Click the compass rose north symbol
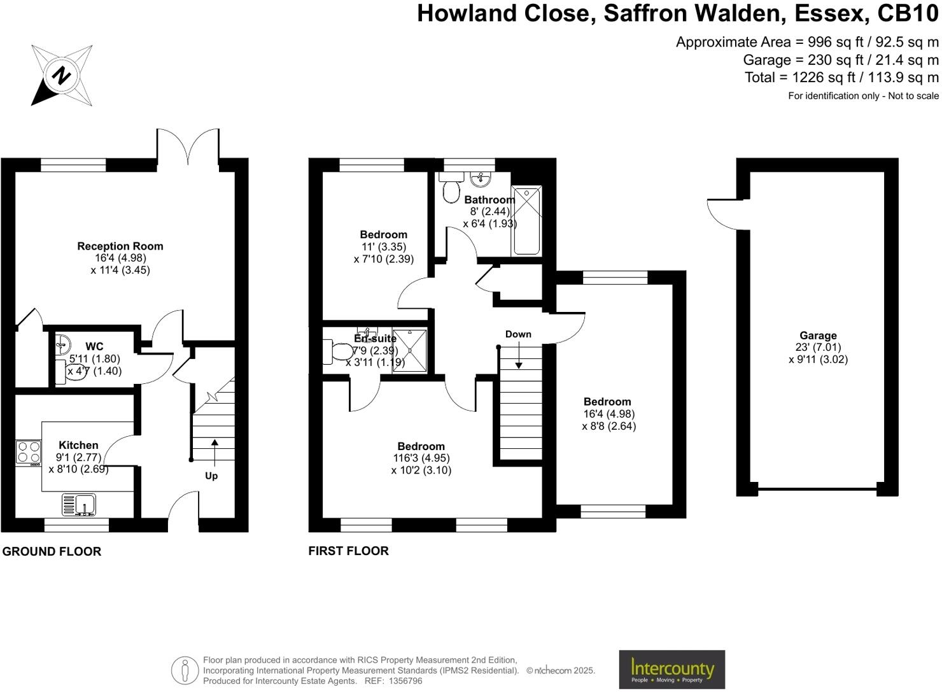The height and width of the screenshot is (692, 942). pos(62,75)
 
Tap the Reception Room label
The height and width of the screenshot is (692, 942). pos(120,246)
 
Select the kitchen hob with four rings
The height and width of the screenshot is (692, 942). pos(29,452)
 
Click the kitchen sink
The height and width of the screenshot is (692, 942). pos(79,505)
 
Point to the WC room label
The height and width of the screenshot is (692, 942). pos(94,346)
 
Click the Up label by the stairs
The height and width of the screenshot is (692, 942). pos(211,476)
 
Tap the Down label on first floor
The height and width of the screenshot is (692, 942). pos(518,334)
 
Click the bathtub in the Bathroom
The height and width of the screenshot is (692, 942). pos(527,220)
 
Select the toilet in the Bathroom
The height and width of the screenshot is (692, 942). pos(452,187)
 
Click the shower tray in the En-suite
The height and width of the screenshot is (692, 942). pos(409,351)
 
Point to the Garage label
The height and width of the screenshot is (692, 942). pos(818,335)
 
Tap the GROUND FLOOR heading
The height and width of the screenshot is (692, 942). pos(52,551)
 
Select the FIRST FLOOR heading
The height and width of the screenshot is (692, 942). pos(348,551)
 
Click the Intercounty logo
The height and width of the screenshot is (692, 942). pos(671,669)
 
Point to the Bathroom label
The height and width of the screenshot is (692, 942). pos(489,200)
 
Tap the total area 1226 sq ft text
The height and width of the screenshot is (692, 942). pos(841,78)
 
